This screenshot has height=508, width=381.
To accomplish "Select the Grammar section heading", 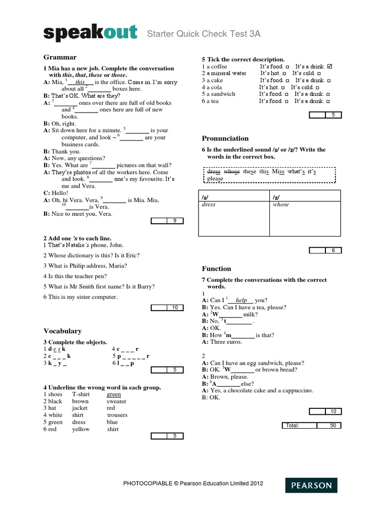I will point(60,57).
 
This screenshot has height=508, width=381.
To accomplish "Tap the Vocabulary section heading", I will point(63,331).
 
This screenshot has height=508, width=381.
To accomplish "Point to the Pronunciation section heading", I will point(225,138).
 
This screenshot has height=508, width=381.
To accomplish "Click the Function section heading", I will point(216,268).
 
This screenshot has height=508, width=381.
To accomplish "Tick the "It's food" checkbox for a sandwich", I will point(287,94).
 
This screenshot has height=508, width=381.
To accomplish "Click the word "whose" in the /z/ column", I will point(281,204).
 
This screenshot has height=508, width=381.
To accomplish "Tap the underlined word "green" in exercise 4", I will point(114,394).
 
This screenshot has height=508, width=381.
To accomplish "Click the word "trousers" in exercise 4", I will point(117,415).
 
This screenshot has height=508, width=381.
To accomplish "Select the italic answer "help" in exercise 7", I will point(242,300).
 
